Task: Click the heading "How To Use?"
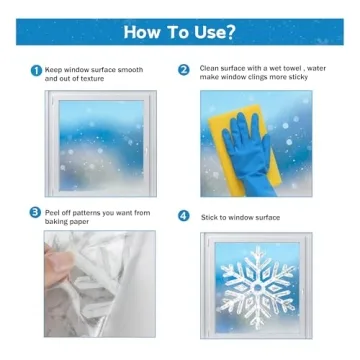click(180, 30)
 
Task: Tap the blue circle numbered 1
click(36, 71)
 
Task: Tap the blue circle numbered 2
click(184, 70)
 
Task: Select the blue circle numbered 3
click(36, 214)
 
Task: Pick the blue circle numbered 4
click(184, 215)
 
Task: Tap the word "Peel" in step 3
click(55, 212)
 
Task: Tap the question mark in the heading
click(231, 30)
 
